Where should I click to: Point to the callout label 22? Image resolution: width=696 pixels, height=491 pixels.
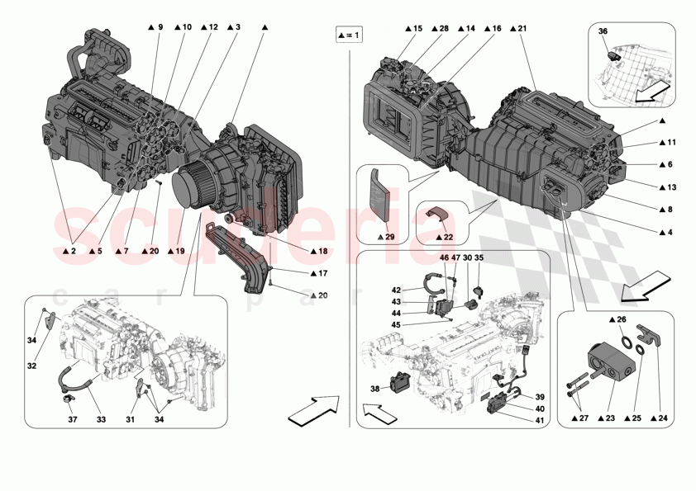(x=448, y=237)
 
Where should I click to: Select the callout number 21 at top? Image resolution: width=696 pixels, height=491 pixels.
(x=519, y=29)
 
